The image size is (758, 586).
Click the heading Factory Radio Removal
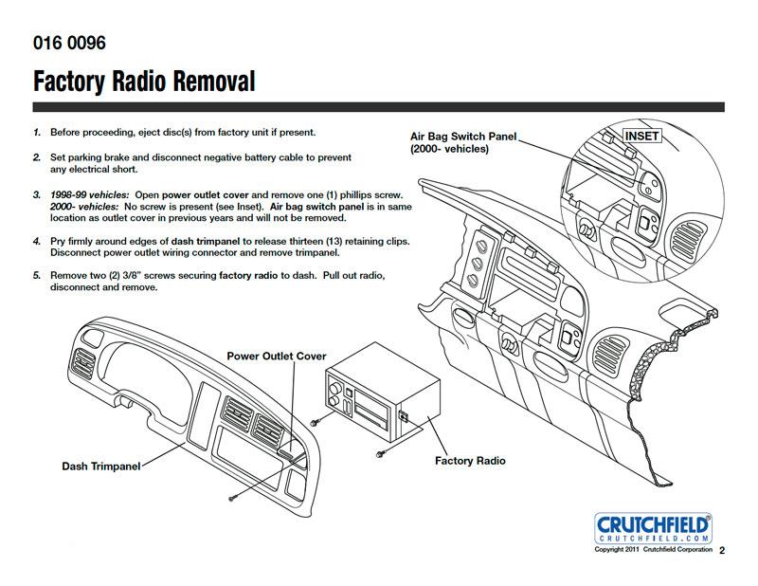pos(144,82)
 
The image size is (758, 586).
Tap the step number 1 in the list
pos(36,133)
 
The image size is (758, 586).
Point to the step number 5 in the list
pos(36,276)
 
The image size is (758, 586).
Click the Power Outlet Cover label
pos(276,357)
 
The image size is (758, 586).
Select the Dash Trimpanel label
pos(101,467)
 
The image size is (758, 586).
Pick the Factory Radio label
pos(470,461)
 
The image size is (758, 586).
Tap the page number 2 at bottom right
pos(722,550)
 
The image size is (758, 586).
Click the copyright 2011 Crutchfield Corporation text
pos(652,550)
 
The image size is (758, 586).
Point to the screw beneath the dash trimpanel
pos(232,496)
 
